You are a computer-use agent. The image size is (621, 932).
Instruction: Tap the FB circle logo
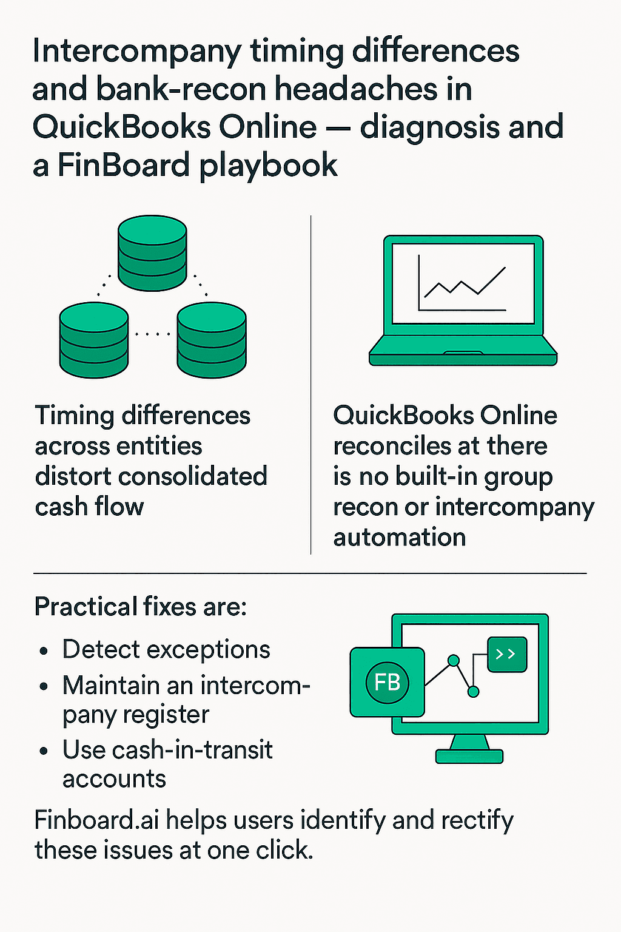pos(387,682)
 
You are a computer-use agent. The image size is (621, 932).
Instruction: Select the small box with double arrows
pos(507,654)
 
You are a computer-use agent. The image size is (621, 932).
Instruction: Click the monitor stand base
pos(469,756)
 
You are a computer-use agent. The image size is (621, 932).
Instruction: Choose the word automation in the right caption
pos(400,538)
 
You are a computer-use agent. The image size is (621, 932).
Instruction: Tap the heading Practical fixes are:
pos(141,607)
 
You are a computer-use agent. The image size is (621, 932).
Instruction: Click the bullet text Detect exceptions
pos(166,649)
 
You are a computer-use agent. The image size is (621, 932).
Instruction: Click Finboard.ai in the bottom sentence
pos(96,820)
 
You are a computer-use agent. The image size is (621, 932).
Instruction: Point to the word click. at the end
pos(284,851)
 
